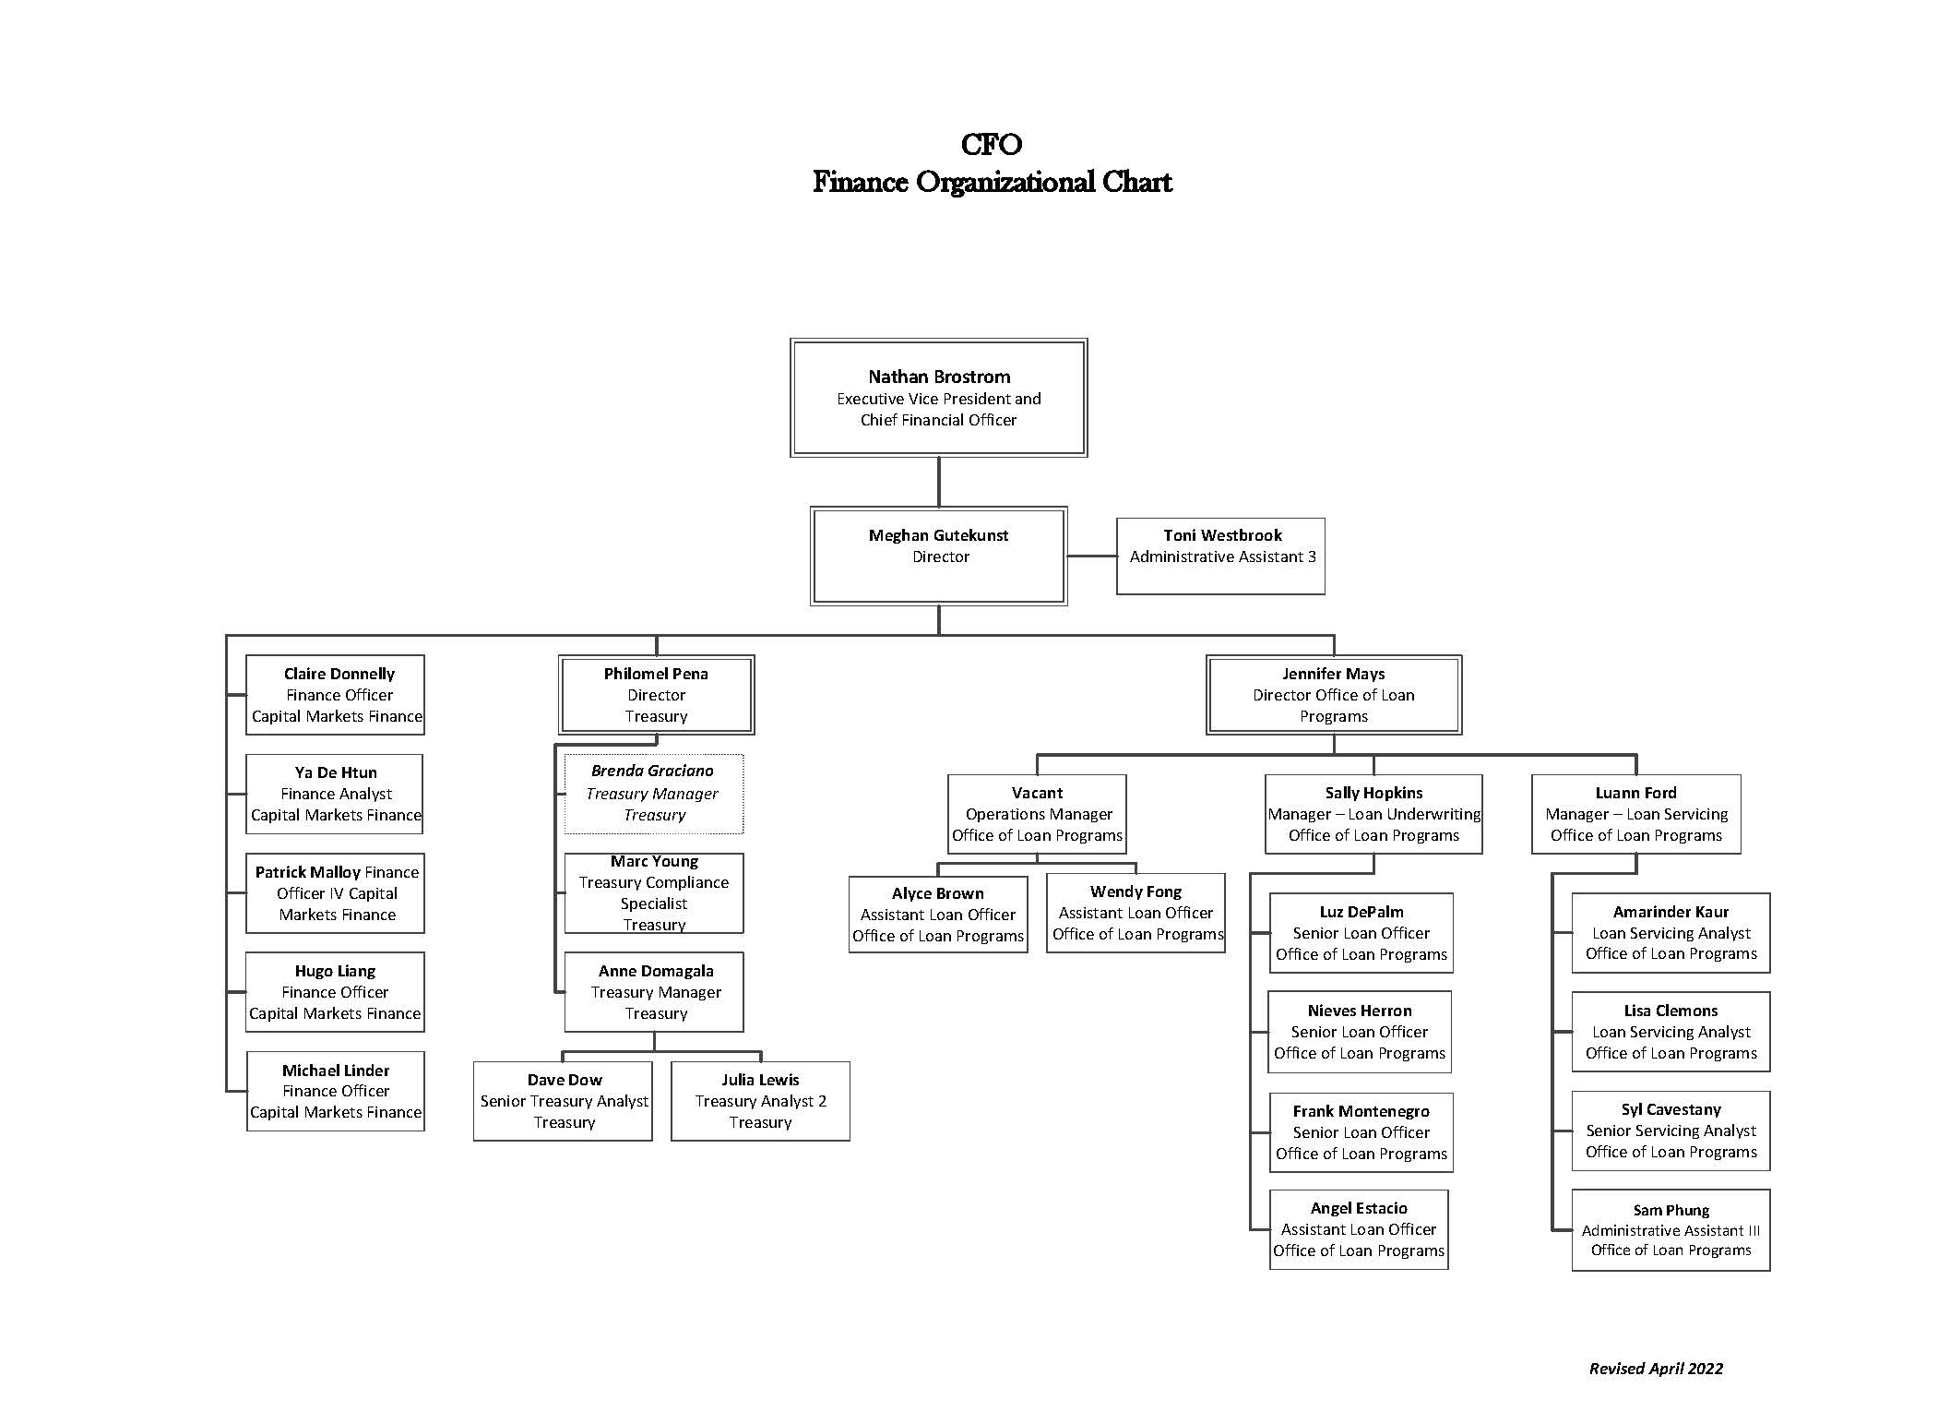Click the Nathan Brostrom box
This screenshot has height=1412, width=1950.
[938, 398]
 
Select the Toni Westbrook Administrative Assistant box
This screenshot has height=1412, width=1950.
[1220, 556]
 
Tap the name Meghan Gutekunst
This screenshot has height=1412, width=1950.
[938, 535]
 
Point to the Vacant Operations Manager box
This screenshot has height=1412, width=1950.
[1037, 814]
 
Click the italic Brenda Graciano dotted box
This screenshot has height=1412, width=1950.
[654, 794]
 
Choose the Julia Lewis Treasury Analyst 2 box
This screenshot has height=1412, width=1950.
[760, 1101]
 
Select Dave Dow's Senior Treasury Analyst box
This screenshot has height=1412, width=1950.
[563, 1101]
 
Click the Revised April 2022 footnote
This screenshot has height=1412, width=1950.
[1656, 1369]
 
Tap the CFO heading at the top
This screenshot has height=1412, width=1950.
[992, 144]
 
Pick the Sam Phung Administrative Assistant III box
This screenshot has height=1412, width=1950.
[1671, 1230]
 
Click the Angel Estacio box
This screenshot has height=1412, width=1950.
[1359, 1229]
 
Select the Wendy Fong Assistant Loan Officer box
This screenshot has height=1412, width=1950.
[1136, 913]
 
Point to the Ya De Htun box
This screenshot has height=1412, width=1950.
[335, 794]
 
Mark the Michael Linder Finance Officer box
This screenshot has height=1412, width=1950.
[335, 1091]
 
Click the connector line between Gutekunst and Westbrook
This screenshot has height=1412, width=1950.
[1092, 556]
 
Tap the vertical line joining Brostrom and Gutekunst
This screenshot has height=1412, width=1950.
[939, 482]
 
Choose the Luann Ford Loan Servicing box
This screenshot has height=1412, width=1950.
[1636, 814]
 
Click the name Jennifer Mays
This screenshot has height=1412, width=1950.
[1333, 674]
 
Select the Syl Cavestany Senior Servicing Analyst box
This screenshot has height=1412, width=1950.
[1671, 1131]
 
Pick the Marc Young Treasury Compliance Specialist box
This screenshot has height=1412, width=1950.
[654, 893]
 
